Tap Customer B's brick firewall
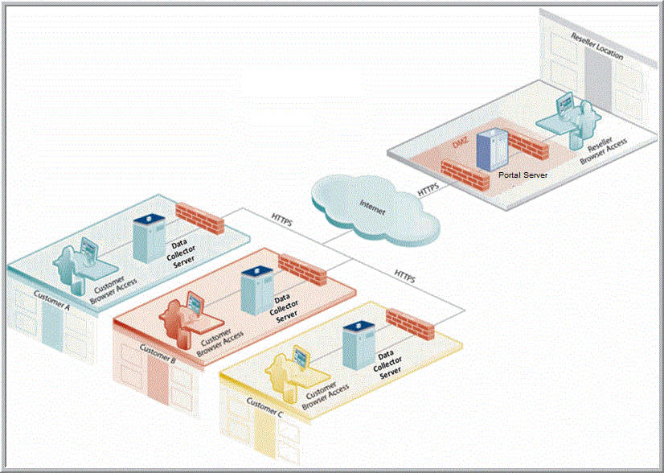[x=302, y=269]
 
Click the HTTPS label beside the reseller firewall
[x=428, y=190]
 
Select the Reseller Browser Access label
[x=605, y=144]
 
